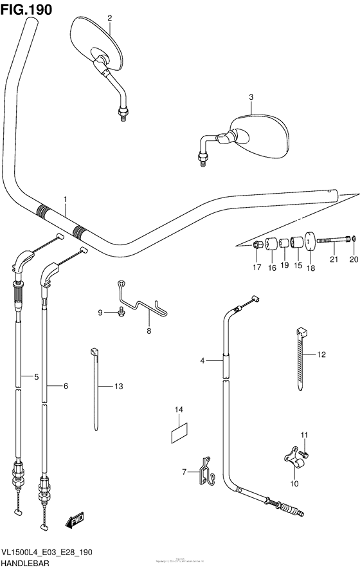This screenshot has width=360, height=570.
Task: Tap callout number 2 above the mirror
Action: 109,17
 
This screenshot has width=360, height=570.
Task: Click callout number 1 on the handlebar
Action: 65,200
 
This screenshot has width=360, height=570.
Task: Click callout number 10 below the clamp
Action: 295,484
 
